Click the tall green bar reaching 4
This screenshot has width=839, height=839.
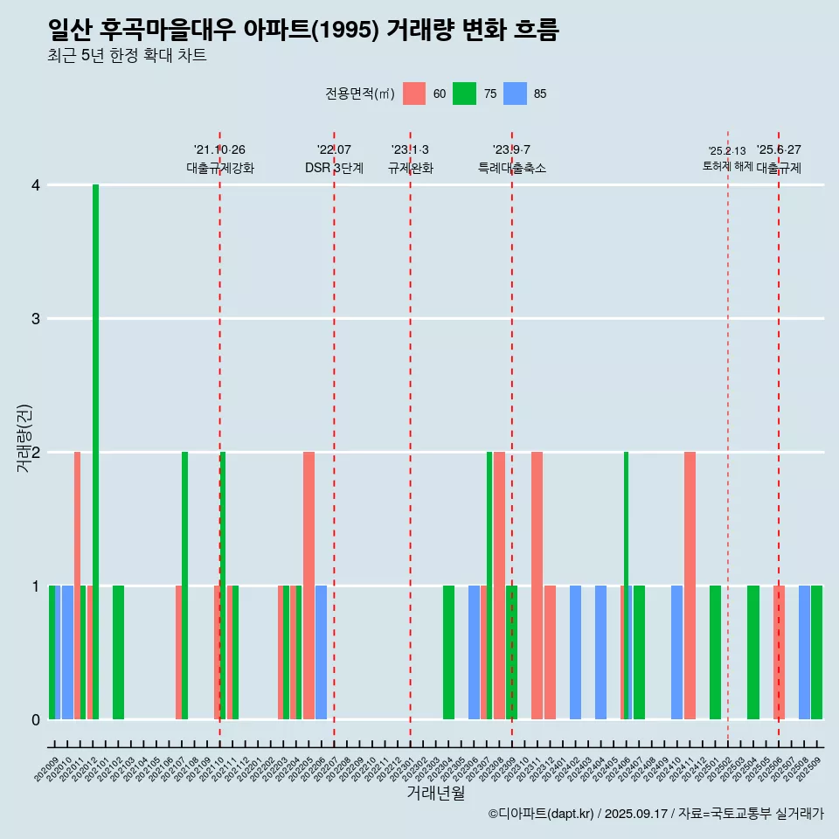point(95,451)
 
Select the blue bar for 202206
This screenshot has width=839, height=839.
point(321,652)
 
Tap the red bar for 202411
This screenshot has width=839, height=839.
point(690,586)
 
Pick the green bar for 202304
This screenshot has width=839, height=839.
point(448,652)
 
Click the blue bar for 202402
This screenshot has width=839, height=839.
point(575,652)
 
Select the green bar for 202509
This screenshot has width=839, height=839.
point(816,652)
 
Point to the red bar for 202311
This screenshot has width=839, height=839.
point(537,586)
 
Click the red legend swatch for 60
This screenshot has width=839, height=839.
point(414,94)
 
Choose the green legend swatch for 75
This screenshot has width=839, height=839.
point(464,94)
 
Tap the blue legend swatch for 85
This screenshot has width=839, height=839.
point(516,94)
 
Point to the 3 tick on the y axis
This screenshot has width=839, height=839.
point(36,318)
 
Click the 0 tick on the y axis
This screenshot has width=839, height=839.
point(36,719)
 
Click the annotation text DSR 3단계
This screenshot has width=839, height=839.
point(334,168)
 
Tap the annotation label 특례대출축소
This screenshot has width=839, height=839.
point(512,168)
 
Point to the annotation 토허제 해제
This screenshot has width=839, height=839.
point(727,166)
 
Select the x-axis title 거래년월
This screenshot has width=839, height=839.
point(435,793)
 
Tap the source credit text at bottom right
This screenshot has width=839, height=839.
point(655,814)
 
